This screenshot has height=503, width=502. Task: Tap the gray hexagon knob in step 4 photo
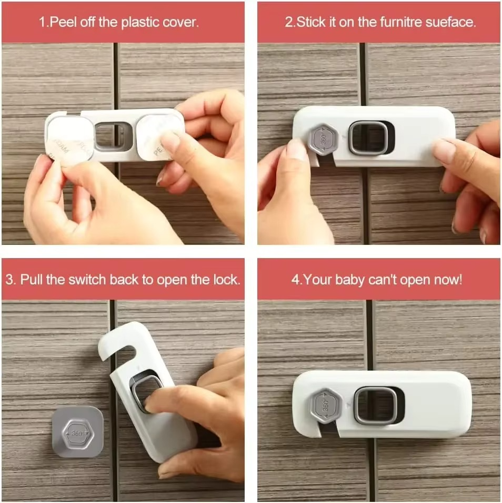(x=325, y=405)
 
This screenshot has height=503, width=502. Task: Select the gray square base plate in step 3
(x=78, y=432)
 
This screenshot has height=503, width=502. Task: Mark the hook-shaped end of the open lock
(x=117, y=341)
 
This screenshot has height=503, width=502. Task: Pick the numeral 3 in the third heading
(x=9, y=280)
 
